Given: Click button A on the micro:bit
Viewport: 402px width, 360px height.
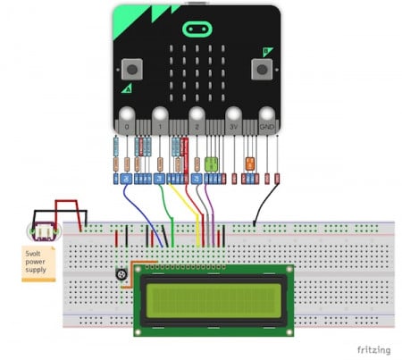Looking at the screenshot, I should click(x=133, y=68).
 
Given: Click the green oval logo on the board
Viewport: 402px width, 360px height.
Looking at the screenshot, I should click(x=195, y=29).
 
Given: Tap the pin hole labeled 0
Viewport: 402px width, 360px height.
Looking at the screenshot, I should click(x=127, y=117).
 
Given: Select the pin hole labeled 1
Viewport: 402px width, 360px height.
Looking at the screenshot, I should click(x=161, y=117).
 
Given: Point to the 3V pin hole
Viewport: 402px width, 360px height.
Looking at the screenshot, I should click(x=233, y=117).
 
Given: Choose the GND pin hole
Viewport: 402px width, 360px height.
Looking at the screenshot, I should click(x=267, y=117).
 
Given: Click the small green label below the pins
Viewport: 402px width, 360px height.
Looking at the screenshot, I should click(x=212, y=163).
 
